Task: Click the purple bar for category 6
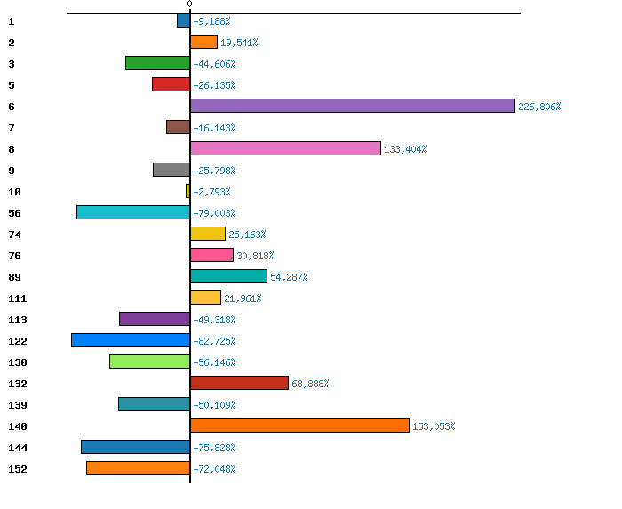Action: [353, 106]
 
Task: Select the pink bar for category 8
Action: [285, 148]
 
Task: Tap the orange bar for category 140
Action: [299, 425]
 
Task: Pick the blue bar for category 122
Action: [131, 340]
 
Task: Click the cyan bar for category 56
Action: [133, 212]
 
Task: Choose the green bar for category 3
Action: [157, 63]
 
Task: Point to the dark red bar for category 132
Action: [239, 383]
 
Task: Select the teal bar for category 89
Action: [228, 276]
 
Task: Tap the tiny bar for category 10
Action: [187, 191]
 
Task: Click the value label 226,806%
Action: [540, 107]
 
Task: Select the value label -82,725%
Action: [214, 341]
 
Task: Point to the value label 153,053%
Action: [434, 426]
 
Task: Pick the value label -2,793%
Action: [211, 192]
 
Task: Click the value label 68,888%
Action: [310, 384]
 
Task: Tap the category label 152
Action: [17, 468]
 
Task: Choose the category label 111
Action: [17, 298]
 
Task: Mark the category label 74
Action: [14, 234]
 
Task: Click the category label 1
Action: [11, 20]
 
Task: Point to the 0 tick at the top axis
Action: [189, 4]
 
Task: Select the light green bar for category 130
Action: [149, 362]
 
